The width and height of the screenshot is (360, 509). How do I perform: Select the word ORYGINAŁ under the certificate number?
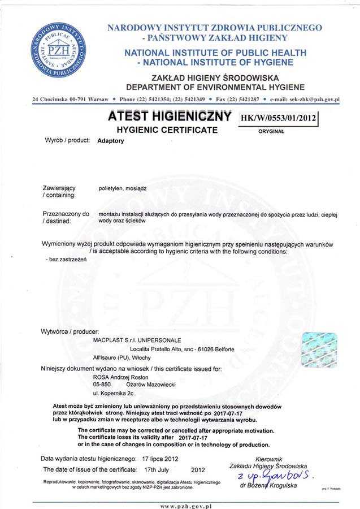(x=271, y=131)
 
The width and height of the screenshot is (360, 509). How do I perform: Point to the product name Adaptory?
(x=111, y=140)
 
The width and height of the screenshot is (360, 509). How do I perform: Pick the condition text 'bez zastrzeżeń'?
(x=64, y=257)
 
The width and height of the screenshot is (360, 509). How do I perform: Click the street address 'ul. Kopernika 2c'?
(x=113, y=392)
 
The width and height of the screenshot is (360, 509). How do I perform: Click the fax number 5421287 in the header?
(x=247, y=100)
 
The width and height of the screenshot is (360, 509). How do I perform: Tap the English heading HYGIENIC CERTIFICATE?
(x=167, y=130)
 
